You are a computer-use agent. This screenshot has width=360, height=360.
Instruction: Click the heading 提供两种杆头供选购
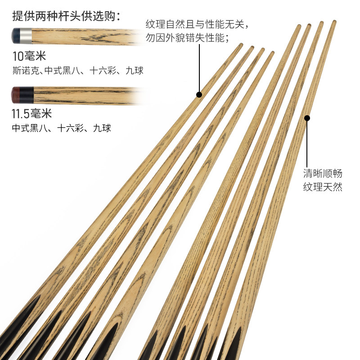[66, 16]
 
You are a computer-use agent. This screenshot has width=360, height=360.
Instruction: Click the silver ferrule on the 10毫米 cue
[26, 36]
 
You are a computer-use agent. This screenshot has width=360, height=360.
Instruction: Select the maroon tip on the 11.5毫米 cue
[15, 94]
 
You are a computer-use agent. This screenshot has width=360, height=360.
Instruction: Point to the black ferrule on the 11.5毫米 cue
[27, 94]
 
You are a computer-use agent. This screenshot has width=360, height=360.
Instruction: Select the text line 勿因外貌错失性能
[187, 37]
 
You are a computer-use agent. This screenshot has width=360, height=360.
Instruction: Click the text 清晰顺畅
[322, 173]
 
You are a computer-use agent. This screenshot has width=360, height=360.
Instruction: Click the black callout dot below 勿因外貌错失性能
[199, 94]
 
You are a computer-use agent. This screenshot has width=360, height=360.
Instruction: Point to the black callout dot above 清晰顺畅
[307, 118]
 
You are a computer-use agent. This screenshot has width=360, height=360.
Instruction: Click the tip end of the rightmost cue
[334, 22]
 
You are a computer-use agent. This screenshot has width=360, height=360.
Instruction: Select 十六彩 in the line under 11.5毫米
[72, 128]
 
